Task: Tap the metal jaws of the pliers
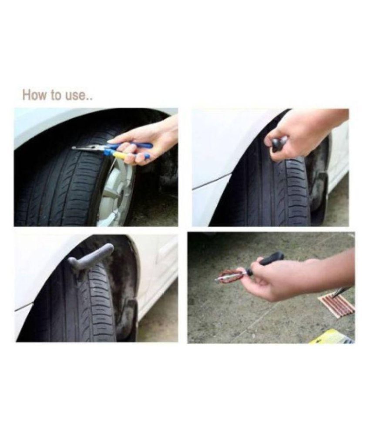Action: tap(87, 149)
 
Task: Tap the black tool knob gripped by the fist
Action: tap(279, 143)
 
